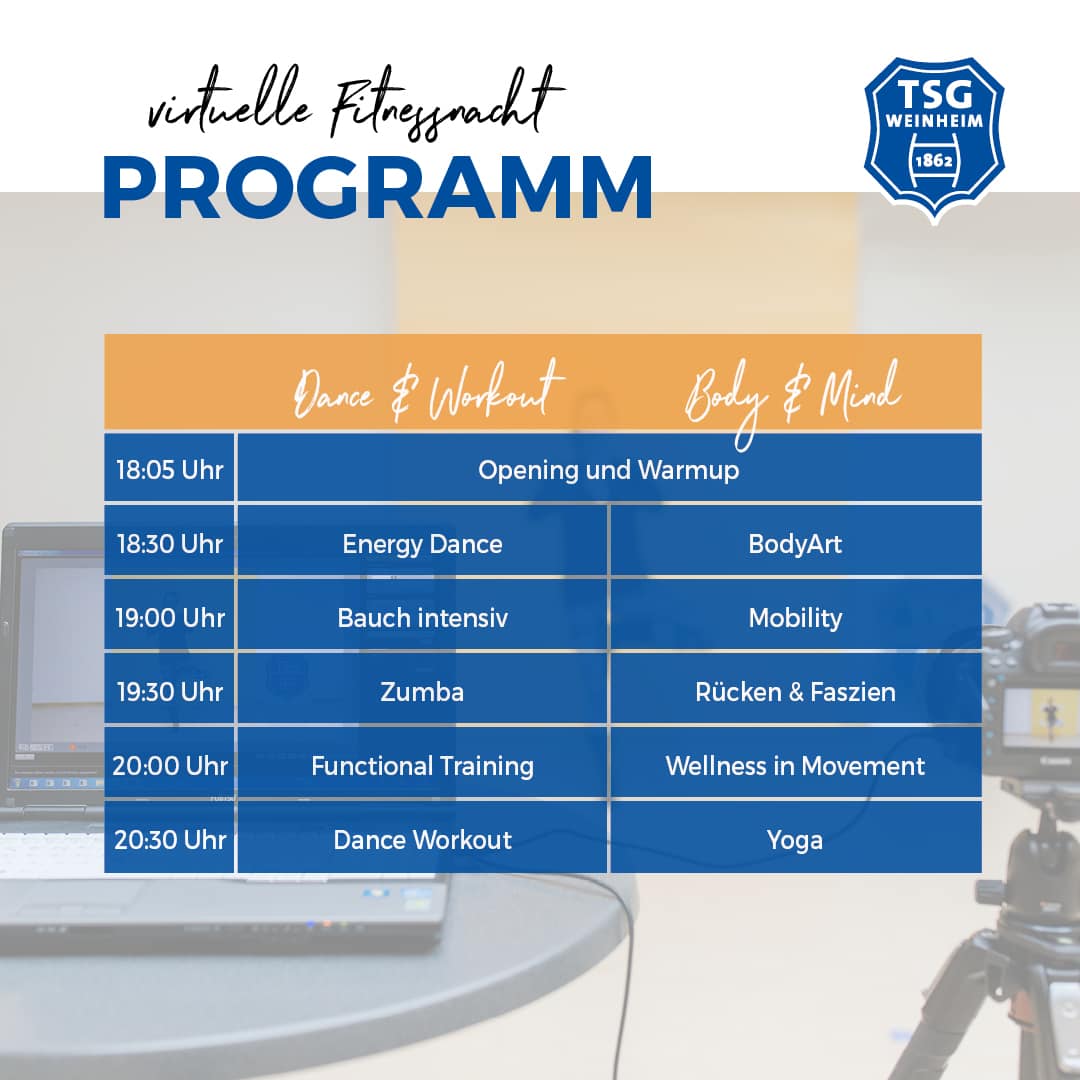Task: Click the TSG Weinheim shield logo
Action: click(934, 141)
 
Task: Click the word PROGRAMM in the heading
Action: click(377, 188)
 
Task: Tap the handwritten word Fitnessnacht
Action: click(448, 105)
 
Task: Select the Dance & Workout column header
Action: click(428, 391)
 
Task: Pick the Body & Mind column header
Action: click(792, 398)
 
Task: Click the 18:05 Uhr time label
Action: click(169, 470)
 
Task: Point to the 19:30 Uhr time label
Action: click(169, 691)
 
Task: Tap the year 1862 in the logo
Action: click(933, 161)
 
